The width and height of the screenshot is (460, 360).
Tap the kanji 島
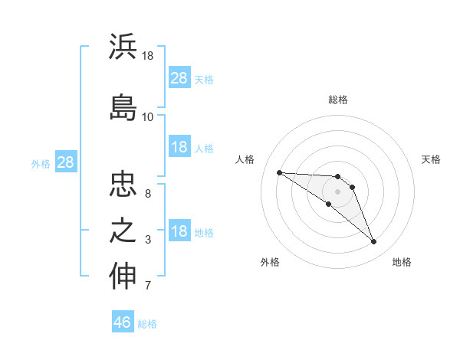point(123,106)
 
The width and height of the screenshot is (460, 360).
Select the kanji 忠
point(123,184)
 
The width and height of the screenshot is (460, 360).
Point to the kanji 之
point(123,231)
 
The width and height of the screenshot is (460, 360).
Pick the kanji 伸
point(123,277)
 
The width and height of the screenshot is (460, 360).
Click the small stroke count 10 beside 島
point(148,117)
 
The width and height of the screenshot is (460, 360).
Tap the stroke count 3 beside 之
point(148,241)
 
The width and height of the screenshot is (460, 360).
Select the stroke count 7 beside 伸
point(148,286)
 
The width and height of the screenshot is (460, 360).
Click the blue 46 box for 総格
point(123,322)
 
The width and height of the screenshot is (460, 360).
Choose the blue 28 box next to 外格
point(65,162)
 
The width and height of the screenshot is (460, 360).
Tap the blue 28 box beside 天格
point(179,78)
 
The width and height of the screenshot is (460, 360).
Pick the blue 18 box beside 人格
point(179,147)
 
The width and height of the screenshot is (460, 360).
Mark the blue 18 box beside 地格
point(179,232)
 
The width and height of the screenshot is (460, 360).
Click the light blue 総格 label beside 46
point(147,324)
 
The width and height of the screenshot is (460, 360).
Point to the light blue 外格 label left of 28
point(40,163)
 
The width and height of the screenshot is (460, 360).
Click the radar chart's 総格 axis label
point(338,100)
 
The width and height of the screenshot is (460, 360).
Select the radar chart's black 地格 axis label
point(402,262)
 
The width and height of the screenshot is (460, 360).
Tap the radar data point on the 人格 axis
point(279,172)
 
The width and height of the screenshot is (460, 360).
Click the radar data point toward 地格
point(374,242)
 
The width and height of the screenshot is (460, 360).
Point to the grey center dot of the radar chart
point(338,191)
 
